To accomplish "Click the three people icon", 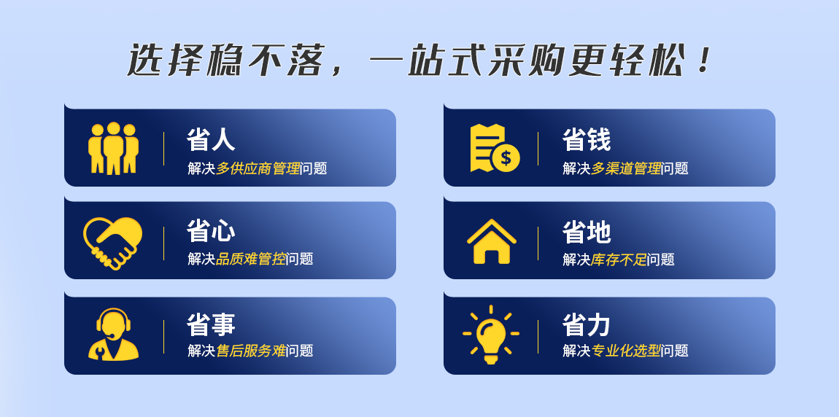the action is (113, 148).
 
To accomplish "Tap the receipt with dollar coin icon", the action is (495, 148).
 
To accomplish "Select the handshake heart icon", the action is (113, 242).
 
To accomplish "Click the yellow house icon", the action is (491, 241).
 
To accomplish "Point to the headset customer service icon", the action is (113, 334).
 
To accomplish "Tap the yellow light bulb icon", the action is (491, 335).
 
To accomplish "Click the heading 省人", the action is (211, 140).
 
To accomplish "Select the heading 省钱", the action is (587, 140).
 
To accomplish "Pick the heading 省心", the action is (211, 232).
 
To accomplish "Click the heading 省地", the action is (587, 232).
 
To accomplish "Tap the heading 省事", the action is (211, 324).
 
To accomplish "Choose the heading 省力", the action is (587, 324).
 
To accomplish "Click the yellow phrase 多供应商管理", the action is (258, 168).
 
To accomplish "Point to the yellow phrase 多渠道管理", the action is (626, 168).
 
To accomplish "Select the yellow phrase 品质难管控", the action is (251, 260).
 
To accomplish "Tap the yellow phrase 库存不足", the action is (619, 260).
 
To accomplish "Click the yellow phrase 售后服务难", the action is (251, 351).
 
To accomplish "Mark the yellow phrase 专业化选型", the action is (626, 351).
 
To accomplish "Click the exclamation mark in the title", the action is (704, 61).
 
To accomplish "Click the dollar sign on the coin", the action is (506, 158).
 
